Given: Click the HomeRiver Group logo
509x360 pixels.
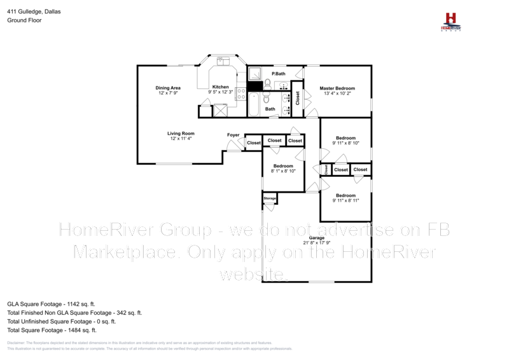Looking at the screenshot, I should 451,21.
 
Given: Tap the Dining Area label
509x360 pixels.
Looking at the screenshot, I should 168,87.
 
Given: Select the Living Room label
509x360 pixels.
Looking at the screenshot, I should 181,134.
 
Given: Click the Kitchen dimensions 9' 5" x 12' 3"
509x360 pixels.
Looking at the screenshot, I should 221,93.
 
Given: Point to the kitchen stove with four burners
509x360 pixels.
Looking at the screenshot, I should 241,95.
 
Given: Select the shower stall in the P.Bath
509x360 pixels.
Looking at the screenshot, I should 254,73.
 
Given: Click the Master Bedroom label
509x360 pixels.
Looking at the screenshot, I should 337,88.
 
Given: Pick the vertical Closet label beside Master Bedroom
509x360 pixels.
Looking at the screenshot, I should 297,98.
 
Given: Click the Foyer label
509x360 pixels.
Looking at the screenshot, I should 233,135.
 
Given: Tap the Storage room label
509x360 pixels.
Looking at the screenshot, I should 270,198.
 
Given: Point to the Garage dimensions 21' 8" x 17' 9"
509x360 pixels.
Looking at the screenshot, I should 317,243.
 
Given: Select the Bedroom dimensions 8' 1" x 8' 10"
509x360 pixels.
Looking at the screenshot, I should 283,171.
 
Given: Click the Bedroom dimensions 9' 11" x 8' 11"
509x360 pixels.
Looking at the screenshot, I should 345,200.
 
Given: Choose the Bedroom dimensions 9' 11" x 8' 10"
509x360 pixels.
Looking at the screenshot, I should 345,143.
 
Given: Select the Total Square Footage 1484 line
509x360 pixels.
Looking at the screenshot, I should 52,330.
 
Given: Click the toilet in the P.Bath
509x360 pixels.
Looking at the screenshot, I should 268,83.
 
